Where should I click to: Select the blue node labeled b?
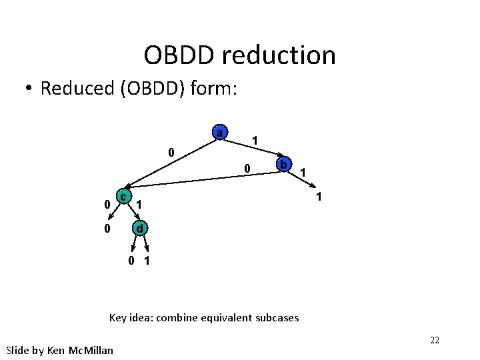point(283,164)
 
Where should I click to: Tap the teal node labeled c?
point(123,196)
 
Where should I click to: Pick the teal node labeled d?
point(139,229)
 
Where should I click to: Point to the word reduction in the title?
point(279,55)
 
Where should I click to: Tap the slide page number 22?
point(434,341)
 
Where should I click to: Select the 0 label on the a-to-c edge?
point(171,153)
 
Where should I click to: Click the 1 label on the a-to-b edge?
point(254,140)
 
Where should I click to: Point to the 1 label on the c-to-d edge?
point(139,203)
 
